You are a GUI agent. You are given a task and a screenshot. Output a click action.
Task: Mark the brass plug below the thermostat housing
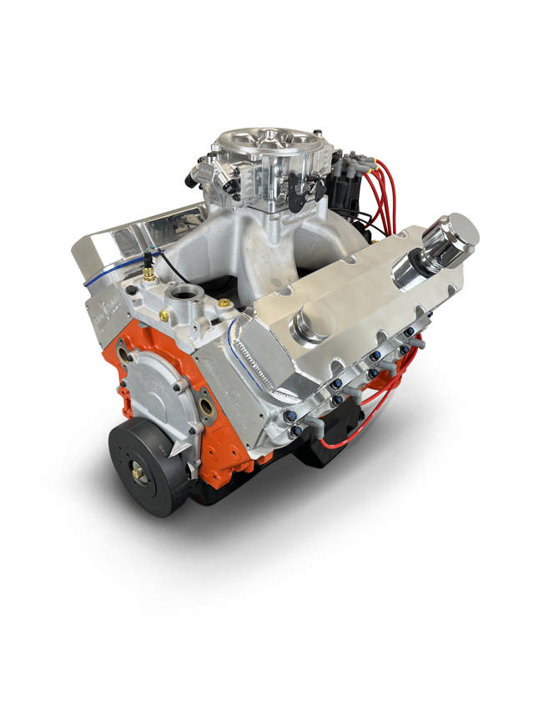164,316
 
